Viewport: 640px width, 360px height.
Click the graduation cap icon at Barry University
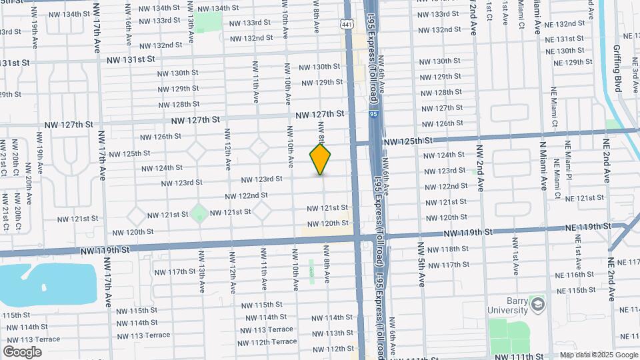pos(537,305)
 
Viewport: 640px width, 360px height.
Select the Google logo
pos(22,351)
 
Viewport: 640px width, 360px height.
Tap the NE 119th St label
pos(589,227)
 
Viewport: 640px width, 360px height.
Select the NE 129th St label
pos(569,62)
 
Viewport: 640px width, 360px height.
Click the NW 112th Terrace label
pos(266,342)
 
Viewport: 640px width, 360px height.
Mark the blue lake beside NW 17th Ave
pos(40,280)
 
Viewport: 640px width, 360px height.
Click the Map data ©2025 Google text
pos(598,355)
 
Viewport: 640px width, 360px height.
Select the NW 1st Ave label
pos(515,254)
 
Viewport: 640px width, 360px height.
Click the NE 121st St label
pos(584,198)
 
